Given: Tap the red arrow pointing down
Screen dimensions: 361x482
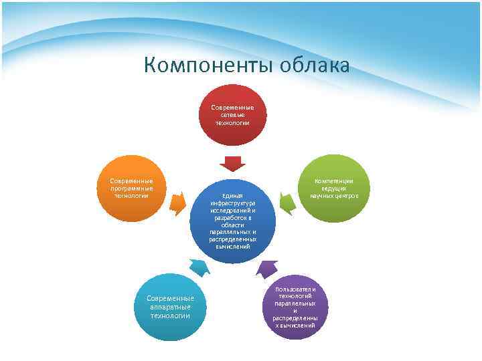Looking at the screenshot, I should (232, 163).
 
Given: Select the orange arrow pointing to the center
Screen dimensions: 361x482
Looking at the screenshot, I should (178, 203).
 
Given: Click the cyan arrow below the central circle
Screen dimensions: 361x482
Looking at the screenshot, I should (199, 267).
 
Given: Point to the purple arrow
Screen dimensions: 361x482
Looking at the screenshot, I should (267, 268).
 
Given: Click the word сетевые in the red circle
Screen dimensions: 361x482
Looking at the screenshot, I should (232, 115).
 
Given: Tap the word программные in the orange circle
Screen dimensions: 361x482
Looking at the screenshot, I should (131, 189).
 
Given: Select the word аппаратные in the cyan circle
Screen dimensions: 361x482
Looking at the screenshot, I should (170, 307).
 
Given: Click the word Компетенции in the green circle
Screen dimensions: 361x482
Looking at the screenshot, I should (333, 181).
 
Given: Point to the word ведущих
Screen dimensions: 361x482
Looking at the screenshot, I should (333, 189).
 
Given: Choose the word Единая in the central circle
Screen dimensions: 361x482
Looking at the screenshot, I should (232, 195).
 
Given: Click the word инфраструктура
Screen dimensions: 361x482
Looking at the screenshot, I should (232, 203).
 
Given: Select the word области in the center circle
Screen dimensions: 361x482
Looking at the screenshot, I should (232, 225).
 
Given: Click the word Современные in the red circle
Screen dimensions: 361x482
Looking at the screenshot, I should (232, 108).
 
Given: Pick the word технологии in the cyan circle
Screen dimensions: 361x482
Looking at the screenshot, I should (170, 316).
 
